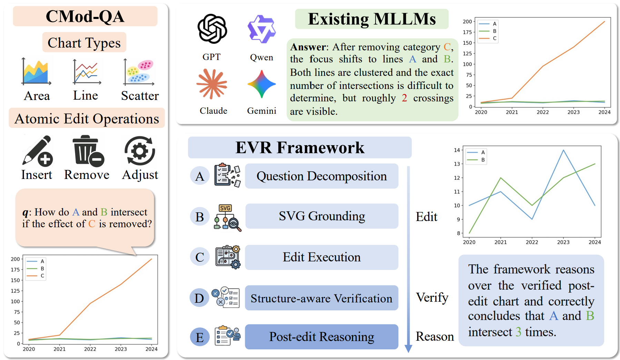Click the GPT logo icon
coord(212,29)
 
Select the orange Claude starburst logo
coord(212,83)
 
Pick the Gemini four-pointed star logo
coord(261,84)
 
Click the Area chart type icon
coord(36,72)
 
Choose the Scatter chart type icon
coord(139,72)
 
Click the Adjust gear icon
coord(140,151)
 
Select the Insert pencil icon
coord(37,151)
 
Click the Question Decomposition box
coord(321,176)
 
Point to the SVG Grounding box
coord(321,216)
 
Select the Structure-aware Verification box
coord(321,298)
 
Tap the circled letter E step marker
coord(200,337)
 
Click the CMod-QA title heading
coord(85,17)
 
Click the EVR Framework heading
coord(299,148)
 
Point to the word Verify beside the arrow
coord(432,297)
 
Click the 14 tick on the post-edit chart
coord(457,150)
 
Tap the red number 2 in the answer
coord(404,98)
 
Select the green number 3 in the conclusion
coord(518,332)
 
